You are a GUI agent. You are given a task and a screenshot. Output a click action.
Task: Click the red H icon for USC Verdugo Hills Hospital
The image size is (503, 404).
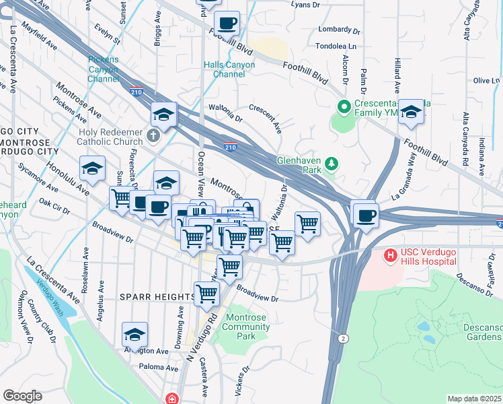(x=391, y=256)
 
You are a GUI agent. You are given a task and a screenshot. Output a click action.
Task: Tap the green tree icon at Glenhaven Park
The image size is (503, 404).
(x=331, y=164)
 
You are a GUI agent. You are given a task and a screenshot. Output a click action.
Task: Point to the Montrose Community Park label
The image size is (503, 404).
(x=247, y=327)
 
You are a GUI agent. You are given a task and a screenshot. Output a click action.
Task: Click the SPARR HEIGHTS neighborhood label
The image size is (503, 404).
(x=157, y=296)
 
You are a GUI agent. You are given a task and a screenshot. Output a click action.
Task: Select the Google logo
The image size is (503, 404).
(x=22, y=395)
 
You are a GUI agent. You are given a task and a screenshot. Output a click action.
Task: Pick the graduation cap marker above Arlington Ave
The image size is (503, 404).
(x=135, y=335)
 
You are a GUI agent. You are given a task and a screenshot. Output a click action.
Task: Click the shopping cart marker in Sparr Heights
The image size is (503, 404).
(x=206, y=294)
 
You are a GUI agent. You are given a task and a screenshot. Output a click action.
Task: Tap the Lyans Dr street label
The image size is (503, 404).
(x=306, y=5)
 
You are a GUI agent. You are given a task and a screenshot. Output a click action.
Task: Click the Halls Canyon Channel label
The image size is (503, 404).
(x=229, y=69)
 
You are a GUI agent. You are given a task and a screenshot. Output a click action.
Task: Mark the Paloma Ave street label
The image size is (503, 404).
(x=158, y=367)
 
